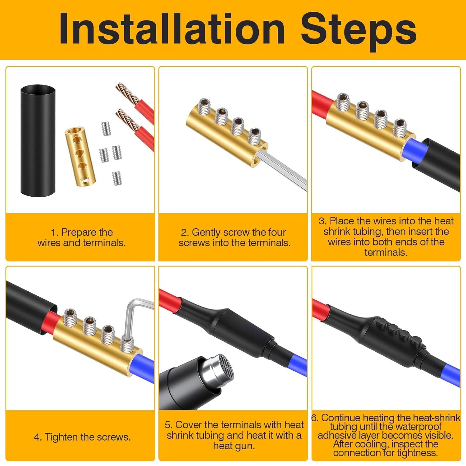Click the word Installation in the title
coord(172,29)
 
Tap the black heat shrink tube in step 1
coord(38,140)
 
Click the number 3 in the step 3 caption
coord(322,221)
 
